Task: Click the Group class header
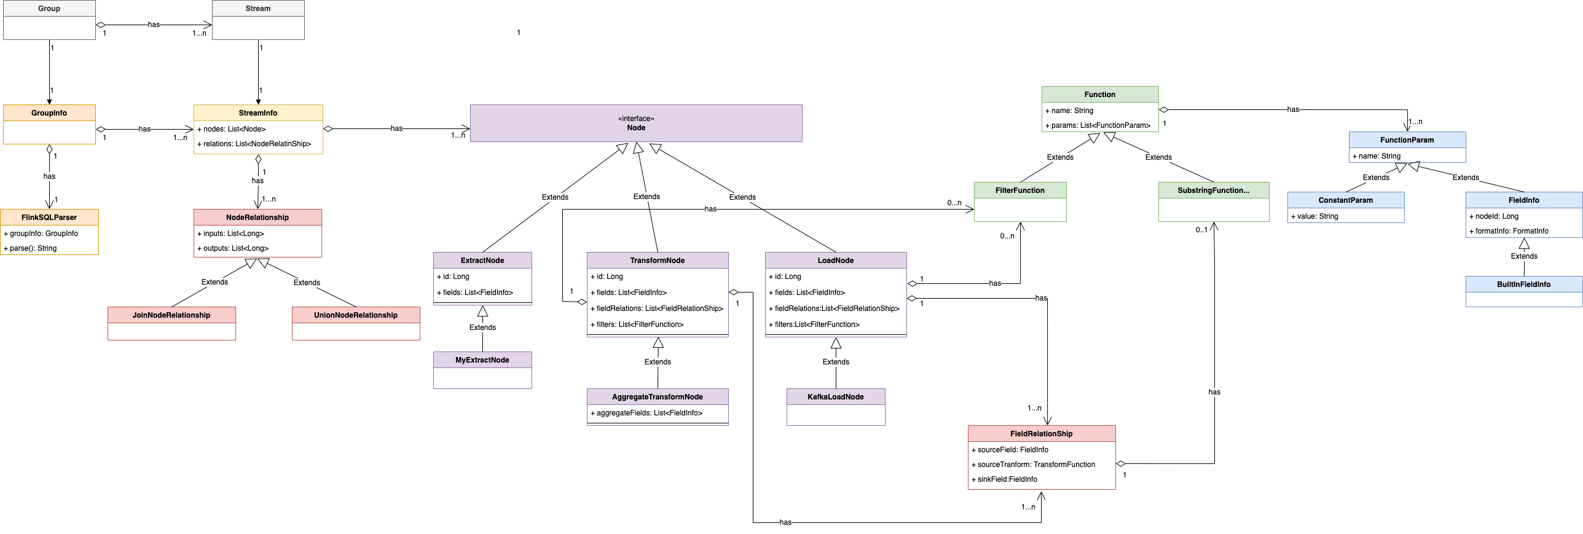(49, 9)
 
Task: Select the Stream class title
(258, 9)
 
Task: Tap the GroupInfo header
(49, 113)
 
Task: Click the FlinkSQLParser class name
(49, 218)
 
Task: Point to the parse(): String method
(33, 248)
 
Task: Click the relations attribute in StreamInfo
(254, 144)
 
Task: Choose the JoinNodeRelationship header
(171, 315)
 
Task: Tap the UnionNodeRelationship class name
(356, 315)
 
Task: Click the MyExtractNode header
(482, 360)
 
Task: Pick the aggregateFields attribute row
(646, 413)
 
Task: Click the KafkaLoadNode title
(836, 397)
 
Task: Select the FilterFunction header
(1020, 190)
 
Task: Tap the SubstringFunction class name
(1214, 190)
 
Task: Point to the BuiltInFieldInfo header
(1524, 285)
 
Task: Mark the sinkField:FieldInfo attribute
(1007, 479)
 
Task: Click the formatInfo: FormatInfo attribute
(1509, 231)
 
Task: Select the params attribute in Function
(1098, 125)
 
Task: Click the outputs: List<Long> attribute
(233, 248)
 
